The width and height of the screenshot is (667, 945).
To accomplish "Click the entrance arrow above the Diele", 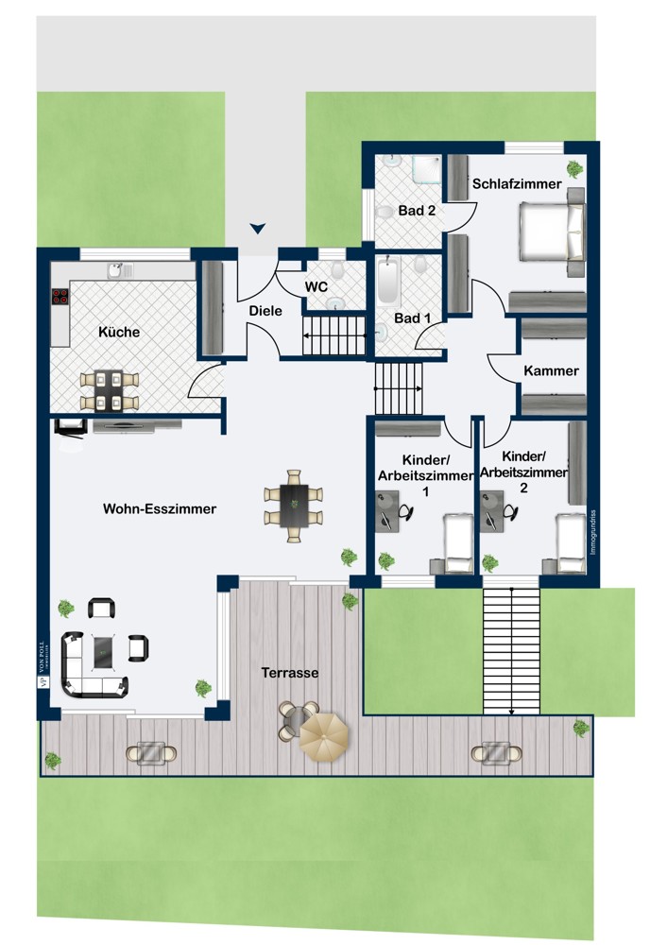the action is click(258, 229).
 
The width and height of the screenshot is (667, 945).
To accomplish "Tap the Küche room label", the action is click(119, 332).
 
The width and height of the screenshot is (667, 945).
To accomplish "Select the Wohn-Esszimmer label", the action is click(160, 508).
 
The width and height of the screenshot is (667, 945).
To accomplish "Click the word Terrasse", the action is click(290, 673).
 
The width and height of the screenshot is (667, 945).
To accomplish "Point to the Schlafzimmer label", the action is click(517, 184).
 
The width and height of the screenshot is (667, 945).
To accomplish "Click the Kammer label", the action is click(552, 370).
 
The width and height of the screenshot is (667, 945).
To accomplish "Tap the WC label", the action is click(316, 286).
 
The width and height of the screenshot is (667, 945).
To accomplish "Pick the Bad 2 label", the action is click(417, 211).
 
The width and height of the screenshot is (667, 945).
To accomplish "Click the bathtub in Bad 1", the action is click(388, 281).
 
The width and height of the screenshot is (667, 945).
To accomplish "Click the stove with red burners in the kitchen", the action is click(60, 296).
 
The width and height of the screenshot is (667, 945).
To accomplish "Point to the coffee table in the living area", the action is click(105, 651).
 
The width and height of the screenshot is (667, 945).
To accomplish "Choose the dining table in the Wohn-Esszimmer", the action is click(294, 506).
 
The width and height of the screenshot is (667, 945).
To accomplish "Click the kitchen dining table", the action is click(109, 390).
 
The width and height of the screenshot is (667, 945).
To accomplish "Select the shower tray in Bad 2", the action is click(427, 169).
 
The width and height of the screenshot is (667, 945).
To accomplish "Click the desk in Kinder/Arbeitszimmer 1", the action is click(386, 511).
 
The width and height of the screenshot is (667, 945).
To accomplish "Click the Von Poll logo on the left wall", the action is click(43, 661).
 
